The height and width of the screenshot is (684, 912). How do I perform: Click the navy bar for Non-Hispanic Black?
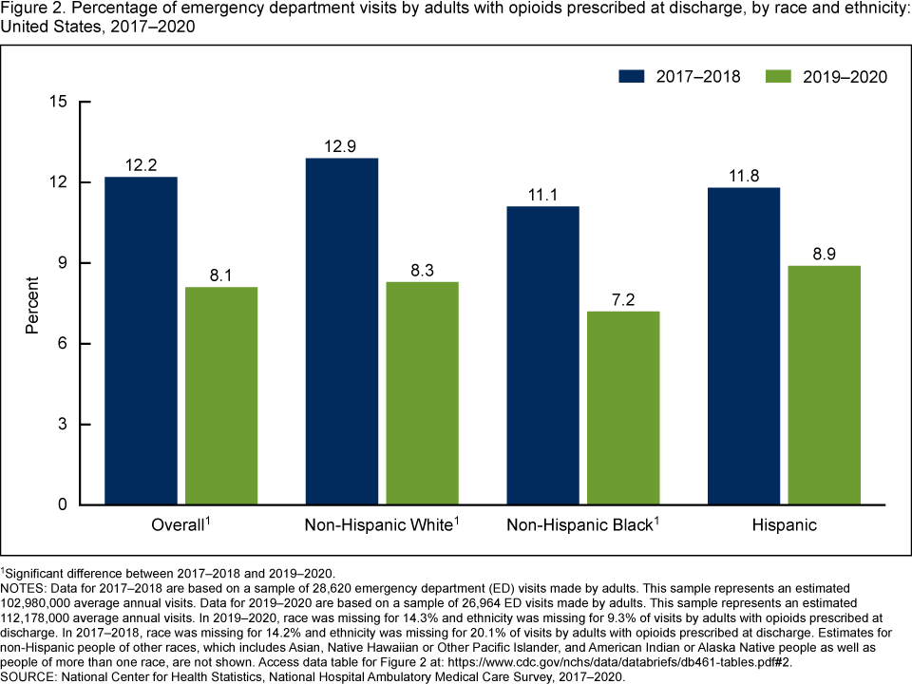[x=542, y=355]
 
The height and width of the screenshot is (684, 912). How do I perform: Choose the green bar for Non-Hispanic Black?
[x=623, y=408]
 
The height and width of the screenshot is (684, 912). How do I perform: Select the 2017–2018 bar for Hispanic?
[x=744, y=346]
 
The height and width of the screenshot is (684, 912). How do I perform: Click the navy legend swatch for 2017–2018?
[x=632, y=76]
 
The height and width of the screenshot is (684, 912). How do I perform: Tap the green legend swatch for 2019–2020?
[x=779, y=76]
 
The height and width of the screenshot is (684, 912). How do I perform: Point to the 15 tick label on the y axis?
[x=61, y=102]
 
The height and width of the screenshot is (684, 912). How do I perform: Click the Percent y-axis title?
[x=32, y=304]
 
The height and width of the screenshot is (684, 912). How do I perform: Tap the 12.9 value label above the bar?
[x=341, y=146]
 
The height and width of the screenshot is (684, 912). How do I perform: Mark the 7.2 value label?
[x=623, y=299]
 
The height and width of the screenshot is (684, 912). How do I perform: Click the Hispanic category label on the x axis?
[x=784, y=525]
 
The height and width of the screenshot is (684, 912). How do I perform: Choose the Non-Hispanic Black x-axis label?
[x=579, y=525]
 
